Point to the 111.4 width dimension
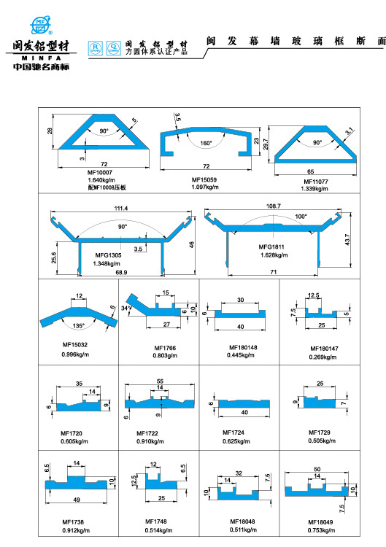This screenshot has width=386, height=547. pos(120,209)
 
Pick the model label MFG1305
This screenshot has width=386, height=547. pos(108,255)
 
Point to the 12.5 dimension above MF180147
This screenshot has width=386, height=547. pos(314,295)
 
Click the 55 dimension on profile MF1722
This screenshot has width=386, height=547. pos(161,381)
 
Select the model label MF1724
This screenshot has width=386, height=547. pos(235,432)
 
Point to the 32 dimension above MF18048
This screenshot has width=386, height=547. pos(239,472)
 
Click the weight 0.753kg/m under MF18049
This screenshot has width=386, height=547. pos(320,530)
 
